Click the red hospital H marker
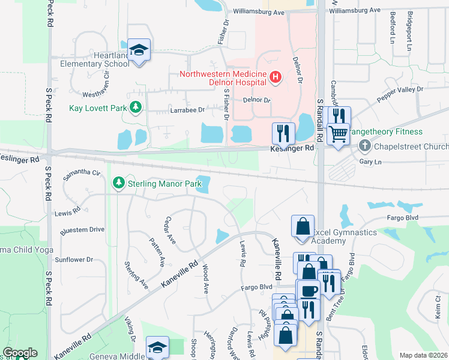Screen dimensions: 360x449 pyautogui.click(x=276, y=77)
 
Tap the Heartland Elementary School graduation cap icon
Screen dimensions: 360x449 pyautogui.click(x=139, y=50)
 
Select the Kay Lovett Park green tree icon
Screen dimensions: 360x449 pyautogui.click(x=136, y=107)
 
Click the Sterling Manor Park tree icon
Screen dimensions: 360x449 pyautogui.click(x=119, y=184)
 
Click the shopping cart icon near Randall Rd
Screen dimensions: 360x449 pyautogui.click(x=339, y=134)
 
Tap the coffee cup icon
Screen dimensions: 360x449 pyautogui.click(x=309, y=291)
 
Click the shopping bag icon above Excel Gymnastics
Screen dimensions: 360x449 pyautogui.click(x=303, y=227)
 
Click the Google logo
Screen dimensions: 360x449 pyautogui.click(x=20, y=353)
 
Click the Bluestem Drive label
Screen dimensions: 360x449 pyautogui.click(x=82, y=229)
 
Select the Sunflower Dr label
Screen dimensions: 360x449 pyautogui.click(x=73, y=260)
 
